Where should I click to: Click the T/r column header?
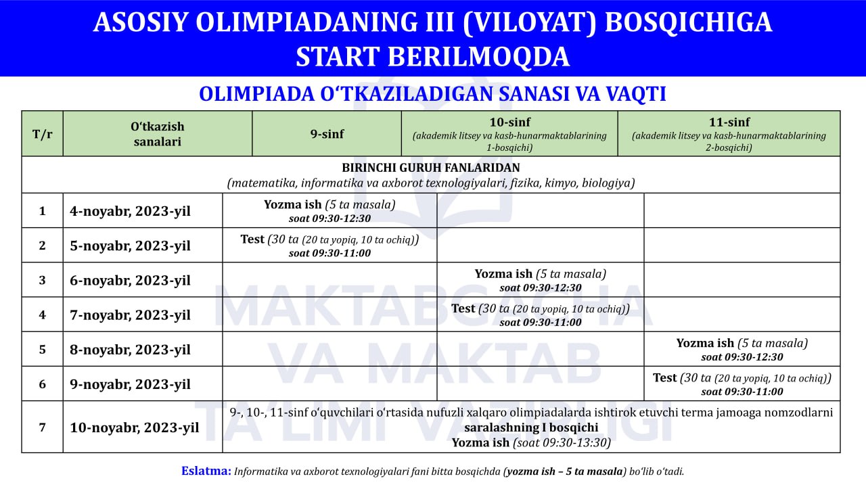coord(42,133)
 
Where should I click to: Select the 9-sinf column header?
coord(327,134)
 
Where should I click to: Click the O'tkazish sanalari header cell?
coord(157,134)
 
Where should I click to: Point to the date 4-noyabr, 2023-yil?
coord(131,211)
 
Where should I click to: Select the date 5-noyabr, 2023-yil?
coord(131,246)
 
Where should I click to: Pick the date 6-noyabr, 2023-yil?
coord(131,280)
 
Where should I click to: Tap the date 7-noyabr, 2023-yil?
coord(131,315)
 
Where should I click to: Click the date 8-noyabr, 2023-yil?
coord(131,349)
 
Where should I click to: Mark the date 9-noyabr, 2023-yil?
coord(131,384)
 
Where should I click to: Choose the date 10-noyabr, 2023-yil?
coord(134,427)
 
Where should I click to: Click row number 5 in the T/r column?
coord(42,349)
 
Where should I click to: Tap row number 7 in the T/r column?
coord(42,427)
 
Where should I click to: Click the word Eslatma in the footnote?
coord(206,471)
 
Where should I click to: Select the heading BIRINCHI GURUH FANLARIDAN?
coord(431,167)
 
